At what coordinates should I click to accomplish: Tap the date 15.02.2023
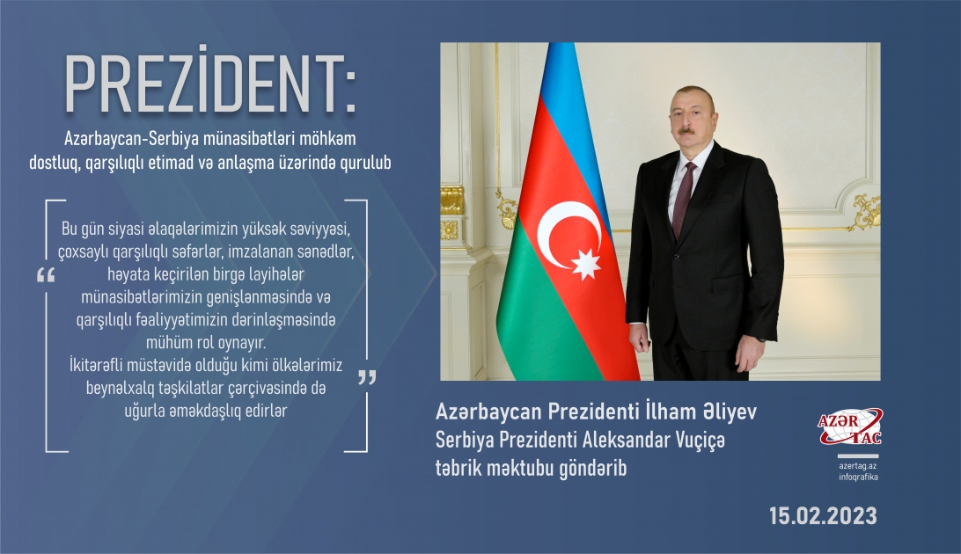(822, 515)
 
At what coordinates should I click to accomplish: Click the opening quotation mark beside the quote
(46, 275)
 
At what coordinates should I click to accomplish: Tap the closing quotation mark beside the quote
(366, 377)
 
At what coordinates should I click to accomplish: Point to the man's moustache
(687, 131)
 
